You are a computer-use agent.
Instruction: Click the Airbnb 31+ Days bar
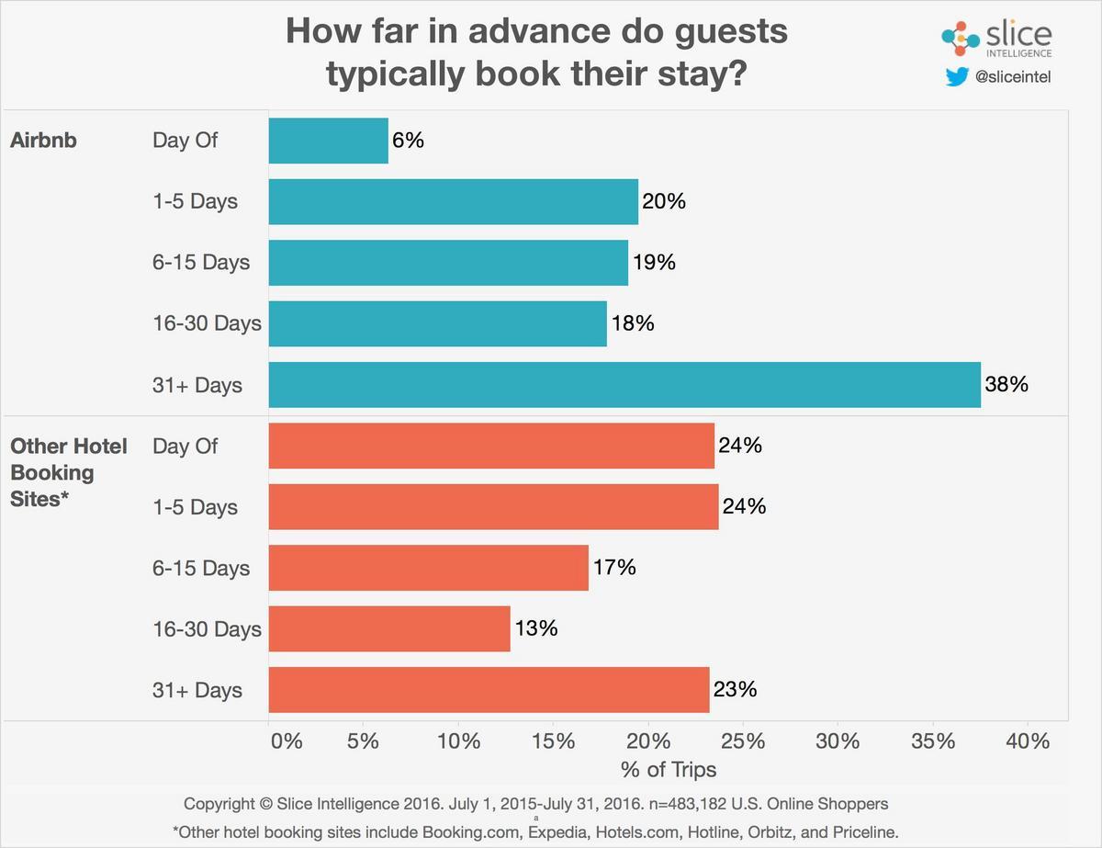pyautogui.click(x=624, y=384)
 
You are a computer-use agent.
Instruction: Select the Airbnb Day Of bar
pyautogui.click(x=328, y=141)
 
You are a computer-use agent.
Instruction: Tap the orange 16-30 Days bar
pyautogui.click(x=388, y=629)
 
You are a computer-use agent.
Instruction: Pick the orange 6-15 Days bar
pyautogui.click(x=428, y=568)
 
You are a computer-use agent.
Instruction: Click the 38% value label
pyautogui.click(x=1006, y=384)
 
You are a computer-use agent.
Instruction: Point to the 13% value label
pyautogui.click(x=535, y=629)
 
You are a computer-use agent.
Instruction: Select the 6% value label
pyautogui.click(x=410, y=141)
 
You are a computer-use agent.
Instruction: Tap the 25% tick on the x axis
pyautogui.click(x=744, y=741)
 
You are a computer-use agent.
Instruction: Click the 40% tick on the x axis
pyautogui.click(x=1027, y=741)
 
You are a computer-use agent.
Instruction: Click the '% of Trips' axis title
pyautogui.click(x=669, y=769)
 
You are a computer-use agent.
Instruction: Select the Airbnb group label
pyautogui.click(x=43, y=141)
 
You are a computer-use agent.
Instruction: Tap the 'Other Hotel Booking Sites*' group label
pyautogui.click(x=68, y=472)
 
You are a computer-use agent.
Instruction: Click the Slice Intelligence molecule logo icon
pyautogui.click(x=961, y=39)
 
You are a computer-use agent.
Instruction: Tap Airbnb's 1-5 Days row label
pyautogui.click(x=195, y=201)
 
